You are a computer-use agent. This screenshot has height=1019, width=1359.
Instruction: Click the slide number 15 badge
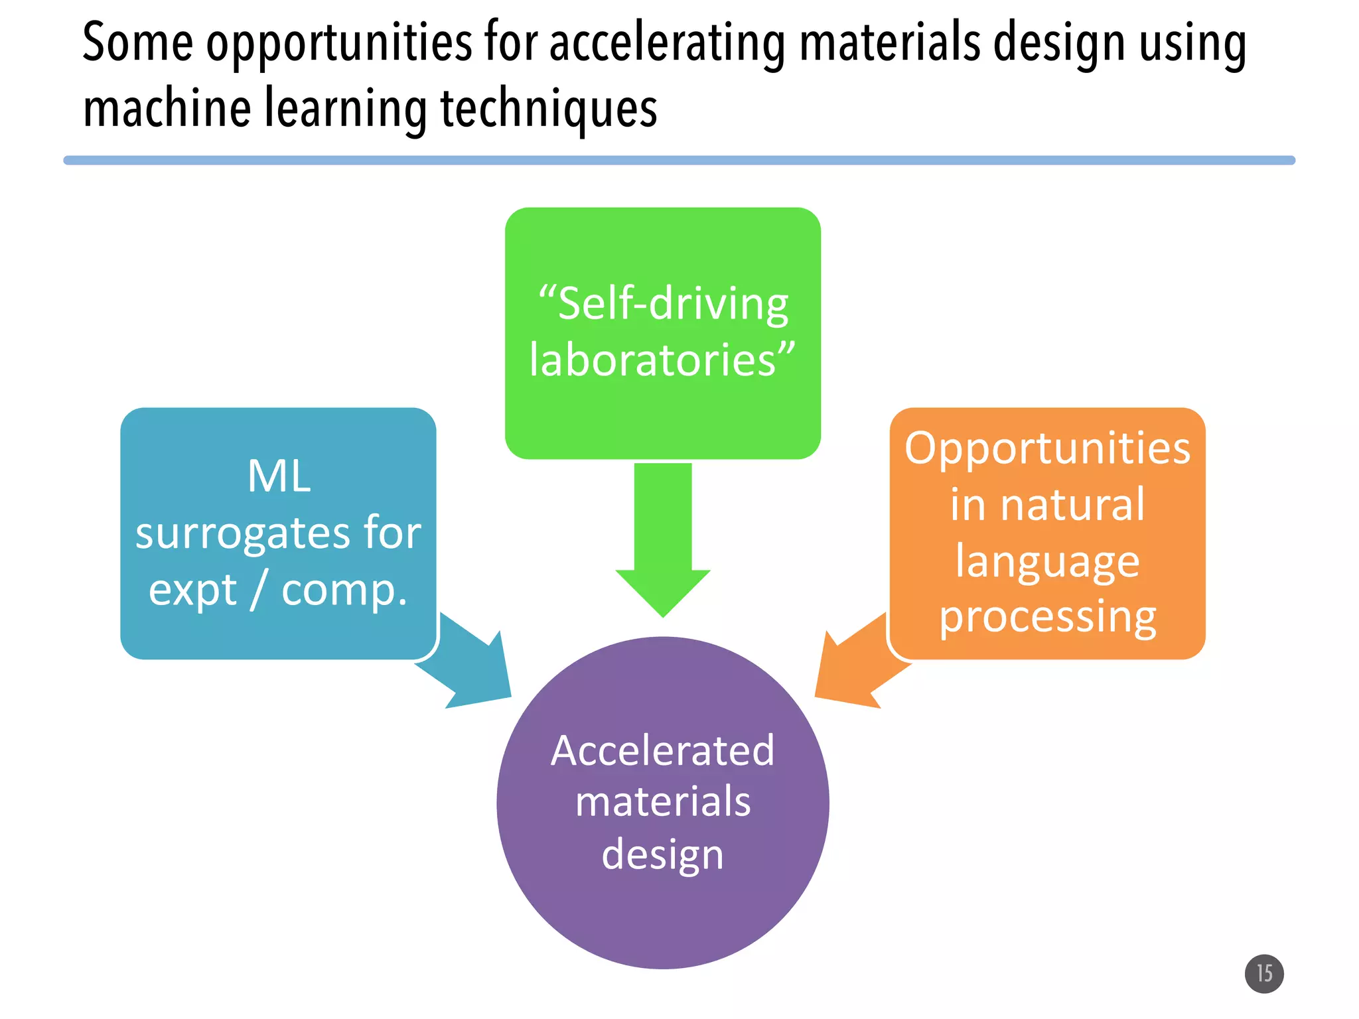pyautogui.click(x=1263, y=973)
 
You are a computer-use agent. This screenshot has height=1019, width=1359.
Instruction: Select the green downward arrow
pyautogui.click(x=662, y=537)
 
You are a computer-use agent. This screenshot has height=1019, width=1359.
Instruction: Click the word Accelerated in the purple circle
pyautogui.click(x=662, y=751)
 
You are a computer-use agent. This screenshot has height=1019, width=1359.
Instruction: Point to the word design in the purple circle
pyautogui.click(x=662, y=854)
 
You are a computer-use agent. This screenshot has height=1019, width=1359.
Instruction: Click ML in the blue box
pyautogui.click(x=279, y=476)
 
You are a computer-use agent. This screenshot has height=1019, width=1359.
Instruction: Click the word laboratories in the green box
pyautogui.click(x=653, y=360)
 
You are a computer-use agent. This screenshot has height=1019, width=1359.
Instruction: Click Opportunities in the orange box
pyautogui.click(x=1047, y=448)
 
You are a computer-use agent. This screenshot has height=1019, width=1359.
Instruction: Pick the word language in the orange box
pyautogui.click(x=1047, y=561)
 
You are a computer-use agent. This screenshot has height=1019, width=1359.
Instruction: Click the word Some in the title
pyautogui.click(x=137, y=44)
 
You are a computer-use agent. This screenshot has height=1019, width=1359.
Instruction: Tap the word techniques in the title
pyautogui.click(x=549, y=109)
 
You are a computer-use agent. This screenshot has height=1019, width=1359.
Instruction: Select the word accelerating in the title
pyautogui.click(x=666, y=44)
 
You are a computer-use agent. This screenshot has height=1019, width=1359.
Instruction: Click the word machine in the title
pyautogui.click(x=167, y=109)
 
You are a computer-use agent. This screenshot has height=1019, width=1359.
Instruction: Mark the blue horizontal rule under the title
pyautogui.click(x=679, y=161)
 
